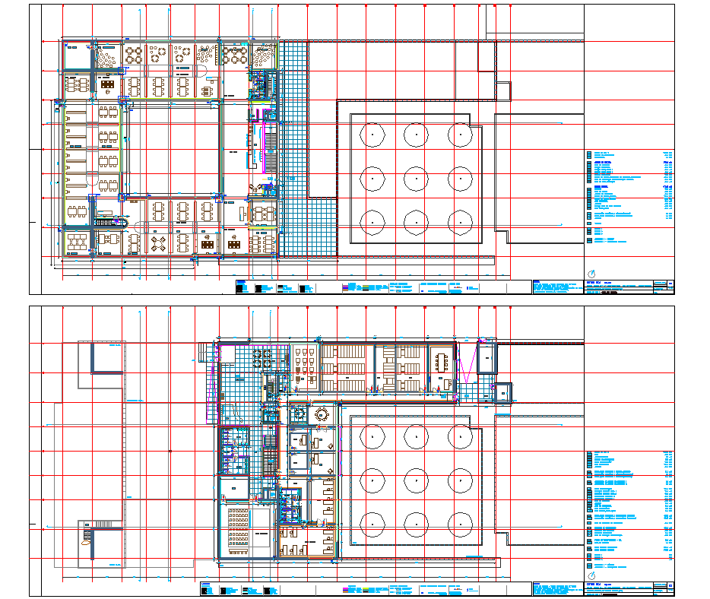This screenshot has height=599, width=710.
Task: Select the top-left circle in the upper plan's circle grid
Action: [372, 135]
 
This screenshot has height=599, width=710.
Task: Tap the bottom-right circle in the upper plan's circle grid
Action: [459, 222]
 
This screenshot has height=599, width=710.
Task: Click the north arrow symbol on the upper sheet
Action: [593, 273]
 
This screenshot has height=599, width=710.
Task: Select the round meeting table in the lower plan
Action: [321, 414]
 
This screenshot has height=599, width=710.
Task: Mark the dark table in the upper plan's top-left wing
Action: [108, 84]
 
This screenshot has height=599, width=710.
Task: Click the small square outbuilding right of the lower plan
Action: [502, 392]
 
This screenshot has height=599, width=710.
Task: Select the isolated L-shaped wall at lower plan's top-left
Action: [106, 357]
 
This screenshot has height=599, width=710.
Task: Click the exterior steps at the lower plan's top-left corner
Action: [203, 353]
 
